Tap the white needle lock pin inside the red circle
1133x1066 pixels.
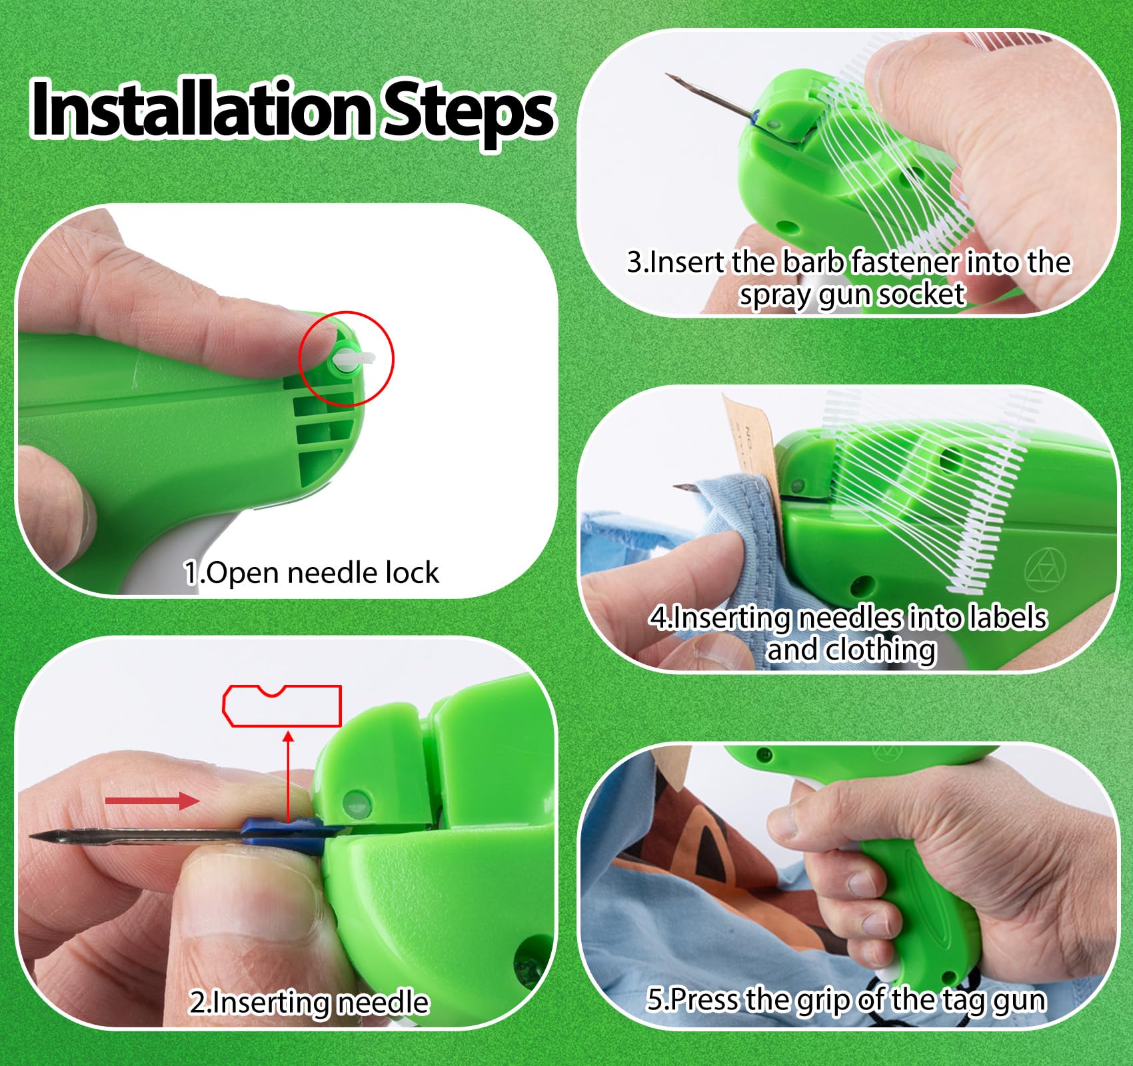[353, 359]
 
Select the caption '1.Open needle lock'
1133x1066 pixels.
[311, 573]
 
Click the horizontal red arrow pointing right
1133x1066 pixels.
[152, 800]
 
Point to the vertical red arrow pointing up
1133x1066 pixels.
[288, 776]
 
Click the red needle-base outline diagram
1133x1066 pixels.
[281, 706]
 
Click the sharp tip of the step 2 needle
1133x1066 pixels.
[30, 836]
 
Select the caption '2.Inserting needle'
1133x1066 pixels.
[309, 1003]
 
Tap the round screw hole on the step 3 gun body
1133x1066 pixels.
[790, 227]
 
